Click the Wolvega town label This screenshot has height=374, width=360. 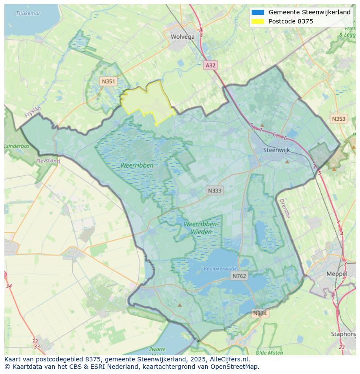[183, 37]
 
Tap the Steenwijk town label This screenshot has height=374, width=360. [277, 150]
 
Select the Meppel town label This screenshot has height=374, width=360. [337, 274]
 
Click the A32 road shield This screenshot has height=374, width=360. [210, 65]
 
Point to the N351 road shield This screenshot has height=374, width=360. [108, 81]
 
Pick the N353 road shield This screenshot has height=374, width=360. [338, 119]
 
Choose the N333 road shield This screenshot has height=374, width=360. [214, 190]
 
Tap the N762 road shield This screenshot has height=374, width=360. [239, 276]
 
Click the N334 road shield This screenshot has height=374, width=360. [260, 313]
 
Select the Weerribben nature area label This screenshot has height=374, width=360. [137, 165]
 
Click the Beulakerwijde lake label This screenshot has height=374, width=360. [220, 269]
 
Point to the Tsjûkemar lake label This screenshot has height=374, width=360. [28, 13]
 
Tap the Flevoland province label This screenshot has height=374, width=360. [48, 161]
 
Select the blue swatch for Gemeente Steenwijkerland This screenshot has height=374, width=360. [257, 12]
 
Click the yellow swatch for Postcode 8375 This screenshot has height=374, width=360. [257, 21]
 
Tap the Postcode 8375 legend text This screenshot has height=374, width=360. [290, 21]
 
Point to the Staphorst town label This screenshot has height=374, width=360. [343, 334]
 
